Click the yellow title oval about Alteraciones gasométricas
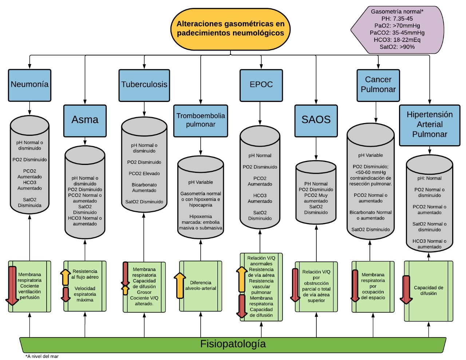pos(230,29)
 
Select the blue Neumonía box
pos(29,85)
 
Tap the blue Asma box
pos(85,120)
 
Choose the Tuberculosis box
pos(144,85)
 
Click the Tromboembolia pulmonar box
pos(201,120)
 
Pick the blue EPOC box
pos(261,85)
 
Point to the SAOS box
pos(316,120)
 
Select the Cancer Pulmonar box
pos(378,85)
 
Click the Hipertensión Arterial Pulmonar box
pos(430,125)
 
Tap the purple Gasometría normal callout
pos(397,29)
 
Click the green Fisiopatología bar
pos(233,344)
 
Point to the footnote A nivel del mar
pos(42,356)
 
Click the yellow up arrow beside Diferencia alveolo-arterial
pos(179,285)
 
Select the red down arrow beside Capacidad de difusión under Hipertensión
pos(406,290)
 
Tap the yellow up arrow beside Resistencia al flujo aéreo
pos(66,277)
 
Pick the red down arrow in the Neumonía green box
pos(12,286)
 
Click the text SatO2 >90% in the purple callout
pos(397,47)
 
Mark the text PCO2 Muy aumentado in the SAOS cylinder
pos(316,198)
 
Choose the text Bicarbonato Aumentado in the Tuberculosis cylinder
pos(144,188)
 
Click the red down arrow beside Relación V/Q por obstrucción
pos(295,285)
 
